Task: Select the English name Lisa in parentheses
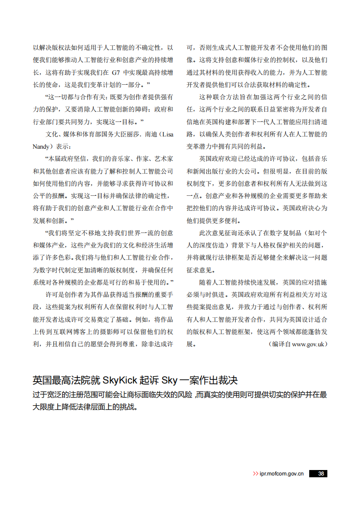click(167, 135)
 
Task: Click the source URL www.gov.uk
click(308, 344)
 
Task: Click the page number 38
click(321, 474)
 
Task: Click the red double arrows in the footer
click(256, 474)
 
